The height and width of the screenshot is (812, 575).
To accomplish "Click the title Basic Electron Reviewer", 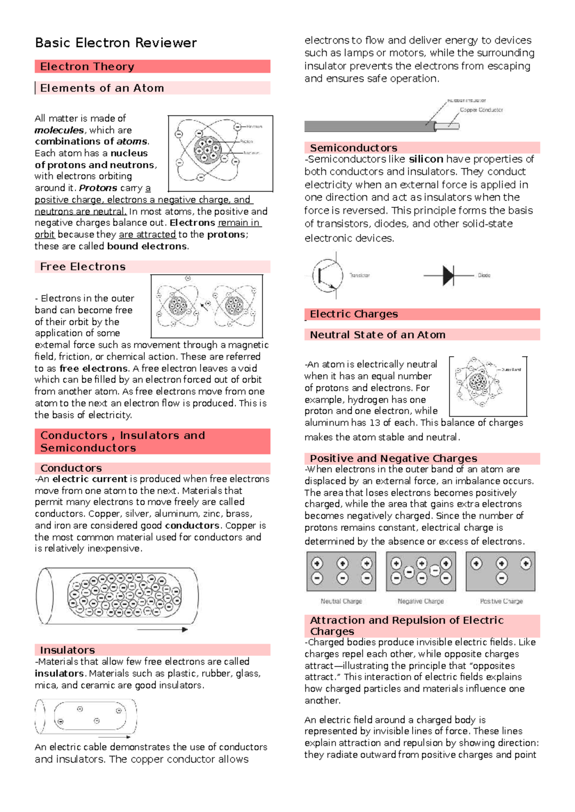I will pyautogui.click(x=115, y=43).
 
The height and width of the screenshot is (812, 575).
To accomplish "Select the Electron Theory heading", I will pyautogui.click(x=87, y=67).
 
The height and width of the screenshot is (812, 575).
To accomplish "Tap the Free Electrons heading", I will pyautogui.click(x=82, y=267).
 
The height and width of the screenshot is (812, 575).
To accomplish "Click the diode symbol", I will pyautogui.click(x=448, y=276).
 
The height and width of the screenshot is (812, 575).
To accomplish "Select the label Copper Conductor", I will pyautogui.click(x=481, y=110).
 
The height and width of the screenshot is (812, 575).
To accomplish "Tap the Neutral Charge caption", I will pyautogui.click(x=341, y=601).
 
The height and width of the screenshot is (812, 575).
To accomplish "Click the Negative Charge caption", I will pyautogui.click(x=421, y=601).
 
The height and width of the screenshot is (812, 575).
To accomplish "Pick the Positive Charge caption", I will pyautogui.click(x=501, y=601).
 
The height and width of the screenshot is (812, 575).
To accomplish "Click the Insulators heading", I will pyautogui.click(x=67, y=650).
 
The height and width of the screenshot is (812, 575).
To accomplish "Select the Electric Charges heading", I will pyautogui.click(x=354, y=314).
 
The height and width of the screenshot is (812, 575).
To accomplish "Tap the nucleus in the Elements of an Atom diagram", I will pyautogui.click(x=207, y=149).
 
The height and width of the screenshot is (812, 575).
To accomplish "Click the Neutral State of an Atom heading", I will pyautogui.click(x=377, y=335).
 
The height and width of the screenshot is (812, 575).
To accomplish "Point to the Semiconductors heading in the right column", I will pyautogui.click(x=353, y=147).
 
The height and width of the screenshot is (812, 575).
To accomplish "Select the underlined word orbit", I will pyautogui.click(x=45, y=235).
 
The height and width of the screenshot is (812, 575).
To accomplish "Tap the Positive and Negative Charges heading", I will pyautogui.click(x=393, y=458).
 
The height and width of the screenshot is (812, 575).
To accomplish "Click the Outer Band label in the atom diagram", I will pyautogui.click(x=511, y=370).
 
